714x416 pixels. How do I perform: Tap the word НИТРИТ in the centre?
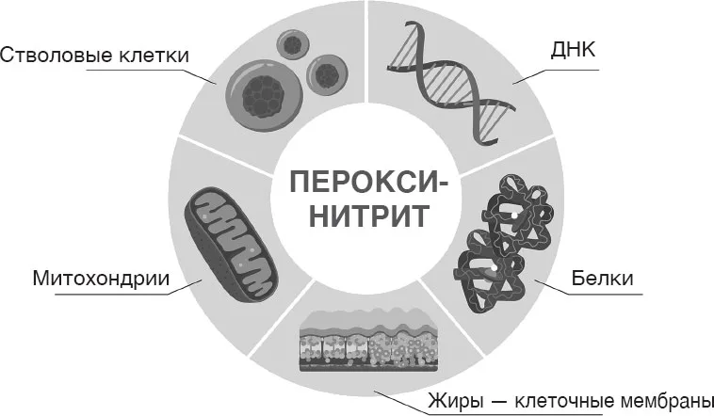(369, 216)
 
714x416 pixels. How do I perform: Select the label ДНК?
(573, 50)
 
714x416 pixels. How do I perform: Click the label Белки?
(602, 278)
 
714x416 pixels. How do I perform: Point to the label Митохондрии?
(101, 278)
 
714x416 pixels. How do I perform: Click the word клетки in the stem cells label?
(154, 56)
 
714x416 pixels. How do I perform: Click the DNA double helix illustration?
(451, 82)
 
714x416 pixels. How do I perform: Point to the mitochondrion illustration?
(230, 246)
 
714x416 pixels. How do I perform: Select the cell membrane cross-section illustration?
(368, 340)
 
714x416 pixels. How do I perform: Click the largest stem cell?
(263, 96)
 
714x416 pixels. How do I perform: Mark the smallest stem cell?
(294, 44)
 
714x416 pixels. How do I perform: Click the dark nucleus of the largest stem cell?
(264, 96)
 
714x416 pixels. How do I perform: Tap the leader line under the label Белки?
(588, 288)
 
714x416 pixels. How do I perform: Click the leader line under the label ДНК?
(556, 76)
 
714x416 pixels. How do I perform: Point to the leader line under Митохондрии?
(128, 288)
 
